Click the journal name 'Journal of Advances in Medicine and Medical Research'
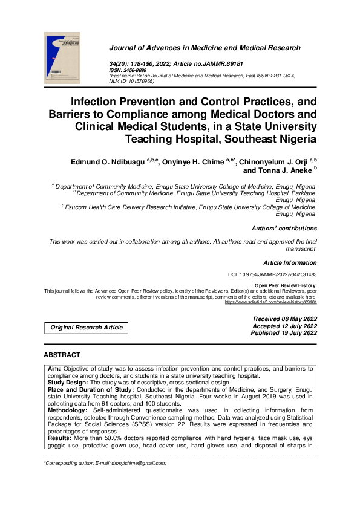[x=205, y=48]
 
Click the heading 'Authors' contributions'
[x=284, y=229]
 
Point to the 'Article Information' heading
[x=290, y=263]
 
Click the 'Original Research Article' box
[x=87, y=328]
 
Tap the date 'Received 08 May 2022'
[x=284, y=319]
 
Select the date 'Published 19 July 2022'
[x=284, y=333]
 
